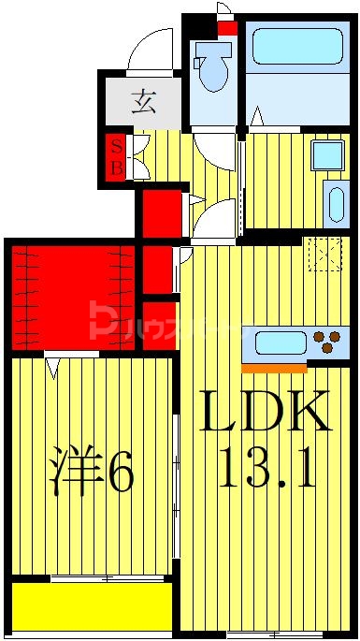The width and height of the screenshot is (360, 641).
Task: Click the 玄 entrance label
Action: point(143,99)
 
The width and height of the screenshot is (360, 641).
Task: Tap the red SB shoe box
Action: point(116,157)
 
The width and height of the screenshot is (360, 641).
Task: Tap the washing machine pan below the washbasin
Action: point(333,203)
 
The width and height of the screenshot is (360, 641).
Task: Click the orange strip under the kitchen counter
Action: point(274,366)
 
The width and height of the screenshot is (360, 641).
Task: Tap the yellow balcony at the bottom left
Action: point(92,605)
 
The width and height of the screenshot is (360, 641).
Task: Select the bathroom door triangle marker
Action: point(254,120)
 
